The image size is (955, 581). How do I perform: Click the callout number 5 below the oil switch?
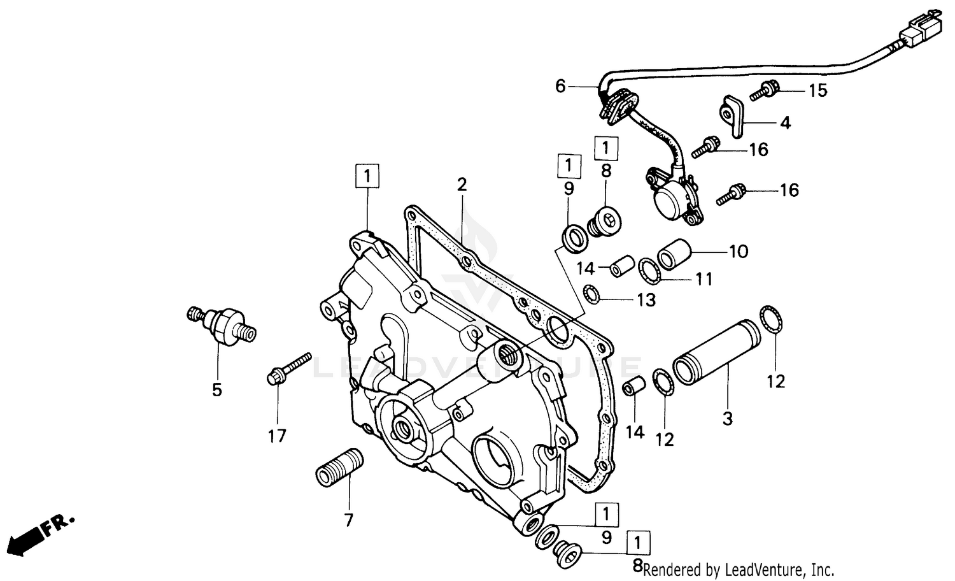coord(217,389)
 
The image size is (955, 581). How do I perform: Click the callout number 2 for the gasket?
coord(462,185)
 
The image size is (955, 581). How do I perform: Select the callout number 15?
coord(818,91)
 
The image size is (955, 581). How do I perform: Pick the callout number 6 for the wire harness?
coord(560,86)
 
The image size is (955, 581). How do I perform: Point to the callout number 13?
coord(646,299)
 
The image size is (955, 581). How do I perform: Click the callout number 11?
coord(704,279)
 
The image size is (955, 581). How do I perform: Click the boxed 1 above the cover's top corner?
coord(368,176)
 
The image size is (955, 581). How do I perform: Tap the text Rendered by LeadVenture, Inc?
coord(739,569)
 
